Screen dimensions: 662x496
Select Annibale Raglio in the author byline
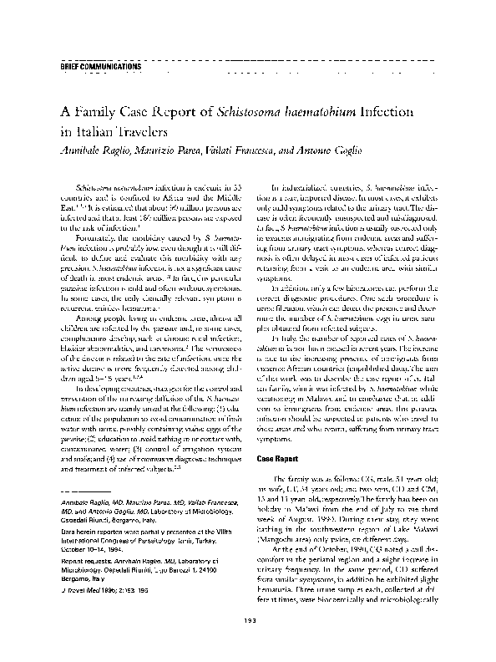click(92, 149)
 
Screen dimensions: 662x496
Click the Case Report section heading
click(279, 459)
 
